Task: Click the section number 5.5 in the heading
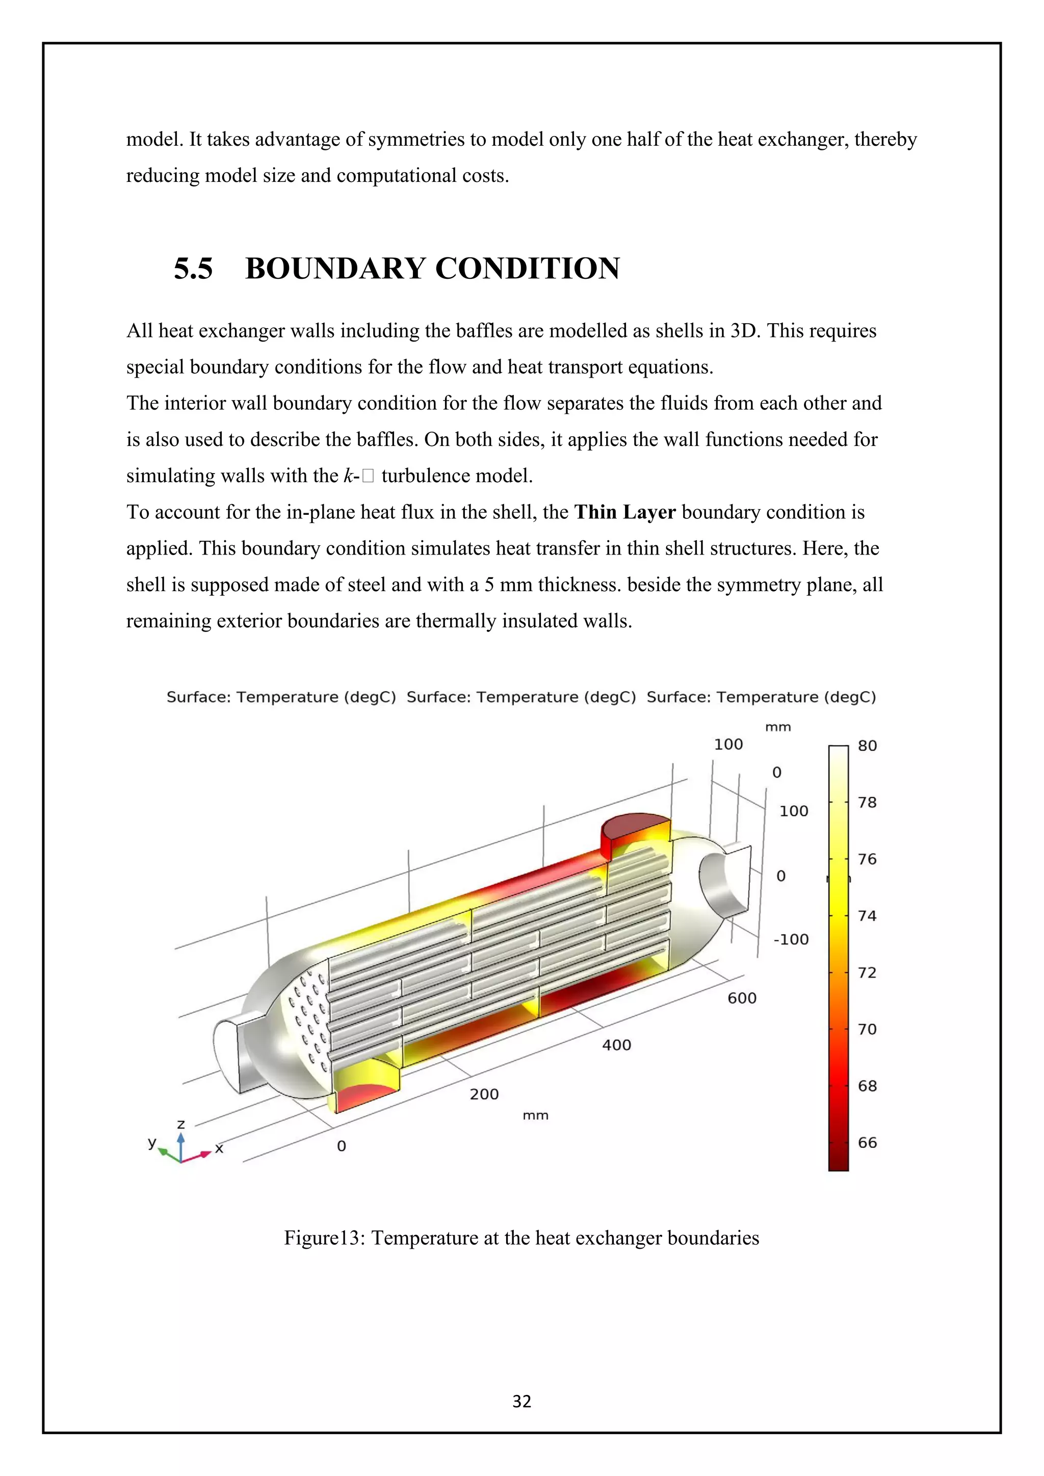tap(193, 268)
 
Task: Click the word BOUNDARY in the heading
tap(335, 268)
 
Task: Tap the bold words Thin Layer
tap(625, 512)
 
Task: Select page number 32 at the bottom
tap(521, 1402)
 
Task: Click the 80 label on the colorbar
tap(867, 746)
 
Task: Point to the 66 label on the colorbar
tap(867, 1142)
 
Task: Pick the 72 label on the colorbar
tap(867, 972)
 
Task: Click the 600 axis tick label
tap(742, 998)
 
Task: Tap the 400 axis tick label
tap(616, 1045)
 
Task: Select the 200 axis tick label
tap(484, 1094)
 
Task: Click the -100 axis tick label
tap(791, 939)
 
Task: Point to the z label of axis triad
tap(181, 1124)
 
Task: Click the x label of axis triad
tap(219, 1148)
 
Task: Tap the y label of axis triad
tap(152, 1142)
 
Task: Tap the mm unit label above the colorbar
tap(778, 727)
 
